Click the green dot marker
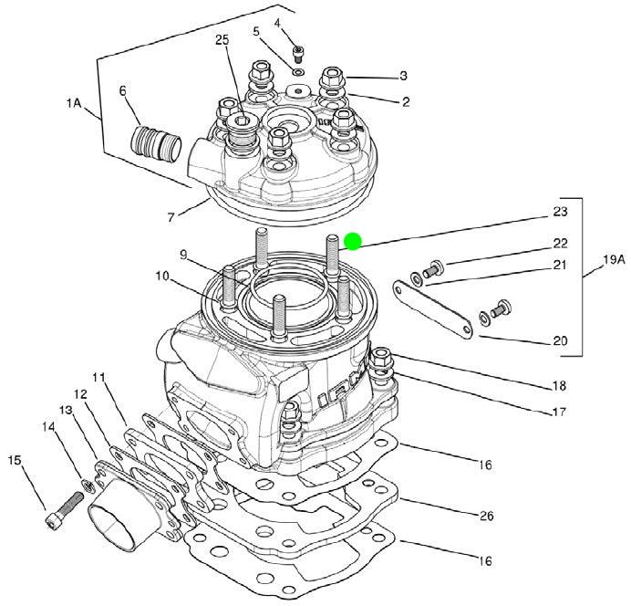(x=353, y=241)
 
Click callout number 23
(x=560, y=212)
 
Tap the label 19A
(x=614, y=260)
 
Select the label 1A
(x=74, y=103)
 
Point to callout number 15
(x=15, y=460)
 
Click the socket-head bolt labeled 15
(x=65, y=507)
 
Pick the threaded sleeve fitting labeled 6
(x=156, y=143)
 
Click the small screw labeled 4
(x=298, y=54)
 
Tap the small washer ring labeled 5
(x=298, y=73)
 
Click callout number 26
(x=486, y=516)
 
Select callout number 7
(x=171, y=217)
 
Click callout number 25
(x=222, y=40)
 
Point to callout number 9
(x=183, y=255)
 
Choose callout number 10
(x=163, y=277)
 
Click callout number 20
(x=560, y=341)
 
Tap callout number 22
(x=560, y=243)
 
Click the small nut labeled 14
(x=87, y=486)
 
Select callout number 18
(x=559, y=386)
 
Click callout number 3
(x=403, y=76)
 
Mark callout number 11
(x=98, y=378)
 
